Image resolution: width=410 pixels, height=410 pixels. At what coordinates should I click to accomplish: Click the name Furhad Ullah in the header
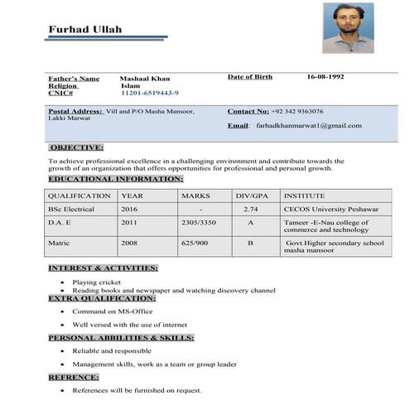(x=84, y=30)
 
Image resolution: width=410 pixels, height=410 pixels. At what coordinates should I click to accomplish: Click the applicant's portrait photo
(x=348, y=27)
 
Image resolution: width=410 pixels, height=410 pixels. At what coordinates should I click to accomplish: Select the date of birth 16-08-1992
(x=326, y=77)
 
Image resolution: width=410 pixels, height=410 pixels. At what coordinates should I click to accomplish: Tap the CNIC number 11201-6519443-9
(x=150, y=93)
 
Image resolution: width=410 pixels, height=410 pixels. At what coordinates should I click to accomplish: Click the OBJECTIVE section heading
(x=76, y=147)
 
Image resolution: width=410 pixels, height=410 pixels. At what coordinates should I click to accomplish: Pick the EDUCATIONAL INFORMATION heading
(x=115, y=179)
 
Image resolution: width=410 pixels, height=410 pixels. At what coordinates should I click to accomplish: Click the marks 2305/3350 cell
(x=199, y=223)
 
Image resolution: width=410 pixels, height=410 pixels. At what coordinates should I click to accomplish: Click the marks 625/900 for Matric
(x=195, y=244)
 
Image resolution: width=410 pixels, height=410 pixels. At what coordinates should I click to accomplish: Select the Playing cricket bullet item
(x=97, y=282)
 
